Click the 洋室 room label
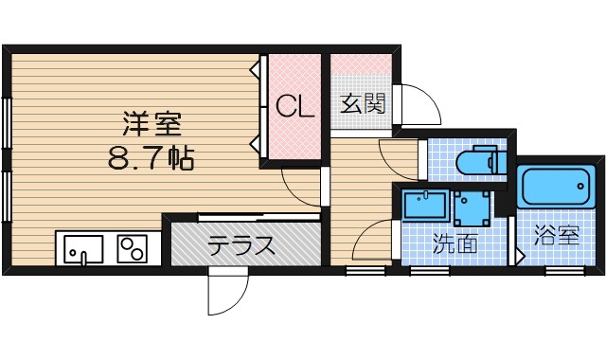151,123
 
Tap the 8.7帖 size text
151,156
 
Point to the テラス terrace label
242,247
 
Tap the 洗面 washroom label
454,243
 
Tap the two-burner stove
133,249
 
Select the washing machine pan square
472,205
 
